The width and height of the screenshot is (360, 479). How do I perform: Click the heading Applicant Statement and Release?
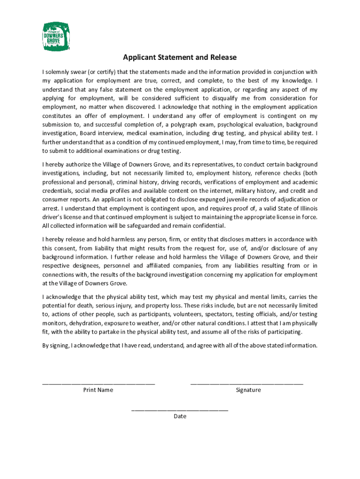180,58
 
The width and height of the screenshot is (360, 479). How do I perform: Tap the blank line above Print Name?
98,383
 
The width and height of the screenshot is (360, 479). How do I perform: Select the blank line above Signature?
247,383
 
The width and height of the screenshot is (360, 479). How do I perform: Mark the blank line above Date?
180,409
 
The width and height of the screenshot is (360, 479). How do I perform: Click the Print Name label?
98,390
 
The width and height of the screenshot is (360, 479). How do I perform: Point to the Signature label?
248,390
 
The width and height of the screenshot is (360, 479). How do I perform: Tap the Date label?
180,416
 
